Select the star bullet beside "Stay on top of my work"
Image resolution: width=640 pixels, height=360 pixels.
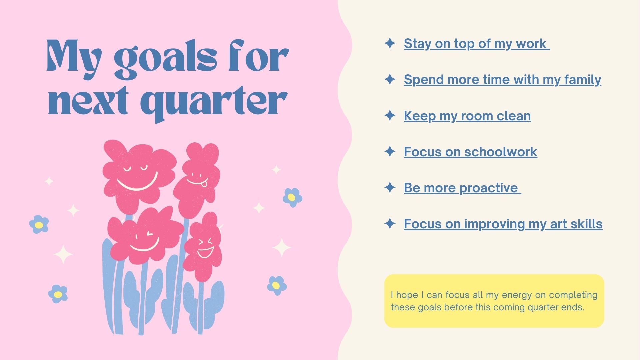point(390,43)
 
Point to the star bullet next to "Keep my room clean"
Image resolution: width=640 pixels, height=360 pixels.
point(390,116)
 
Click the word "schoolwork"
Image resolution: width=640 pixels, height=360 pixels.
point(501,152)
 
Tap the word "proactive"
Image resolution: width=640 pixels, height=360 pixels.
point(489,188)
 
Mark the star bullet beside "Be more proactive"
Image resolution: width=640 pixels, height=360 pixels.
point(390,188)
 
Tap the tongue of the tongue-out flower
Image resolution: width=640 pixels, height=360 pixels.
point(206,182)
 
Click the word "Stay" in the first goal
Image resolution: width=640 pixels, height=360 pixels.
point(417,44)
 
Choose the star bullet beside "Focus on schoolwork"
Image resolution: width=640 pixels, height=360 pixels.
point(390,152)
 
